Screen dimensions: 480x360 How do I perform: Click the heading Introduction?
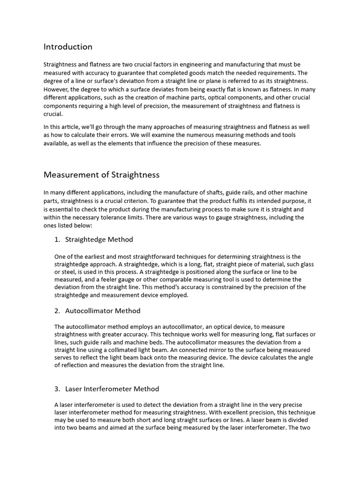click(x=68, y=47)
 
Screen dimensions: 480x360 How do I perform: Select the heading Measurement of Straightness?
click(x=101, y=175)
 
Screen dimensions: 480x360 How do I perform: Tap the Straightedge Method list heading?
click(x=99, y=240)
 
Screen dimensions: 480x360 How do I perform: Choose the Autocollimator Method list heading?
click(x=103, y=311)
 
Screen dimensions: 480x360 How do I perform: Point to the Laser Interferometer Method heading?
click(x=112, y=389)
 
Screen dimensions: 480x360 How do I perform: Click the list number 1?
click(x=57, y=240)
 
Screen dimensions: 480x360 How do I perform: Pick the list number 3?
click(x=57, y=389)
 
